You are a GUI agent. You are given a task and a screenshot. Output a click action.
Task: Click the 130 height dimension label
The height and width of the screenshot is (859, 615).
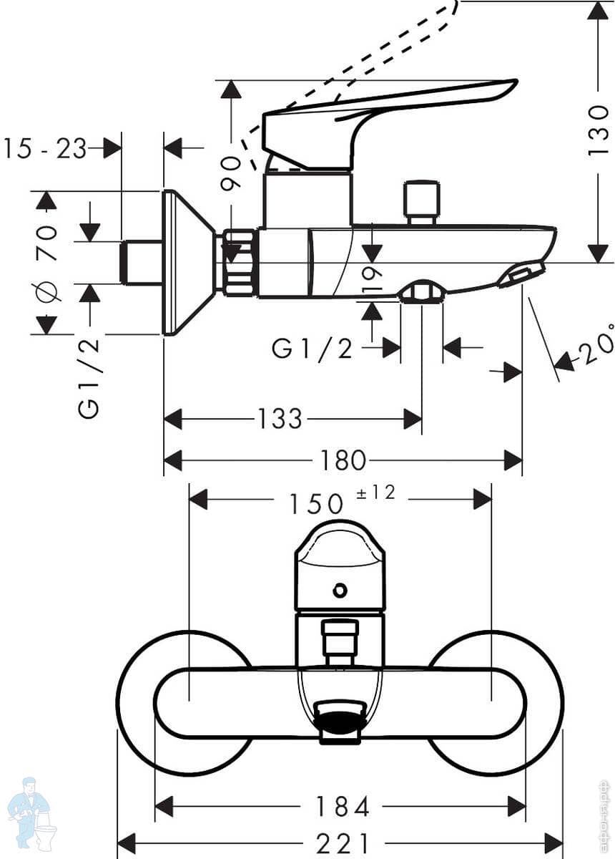598,132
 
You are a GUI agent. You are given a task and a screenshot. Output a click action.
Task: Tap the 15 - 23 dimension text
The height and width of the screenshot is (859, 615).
44,149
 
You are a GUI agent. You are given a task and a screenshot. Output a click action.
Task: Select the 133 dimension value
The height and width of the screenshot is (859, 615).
280,419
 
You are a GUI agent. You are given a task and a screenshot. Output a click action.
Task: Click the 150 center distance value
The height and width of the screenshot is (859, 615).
315,504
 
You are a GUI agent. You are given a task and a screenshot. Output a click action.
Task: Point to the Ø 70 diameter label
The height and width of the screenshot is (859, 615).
47,263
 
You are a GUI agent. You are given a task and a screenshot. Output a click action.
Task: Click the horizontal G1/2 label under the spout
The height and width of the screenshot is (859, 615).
313,349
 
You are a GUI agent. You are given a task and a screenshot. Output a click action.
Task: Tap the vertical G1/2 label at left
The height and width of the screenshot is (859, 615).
90,377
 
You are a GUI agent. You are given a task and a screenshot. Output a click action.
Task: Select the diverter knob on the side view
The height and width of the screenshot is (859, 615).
420,202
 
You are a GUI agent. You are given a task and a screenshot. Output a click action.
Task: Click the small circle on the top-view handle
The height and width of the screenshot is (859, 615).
340,591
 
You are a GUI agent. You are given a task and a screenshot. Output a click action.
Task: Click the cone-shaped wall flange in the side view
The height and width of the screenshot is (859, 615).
187,263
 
